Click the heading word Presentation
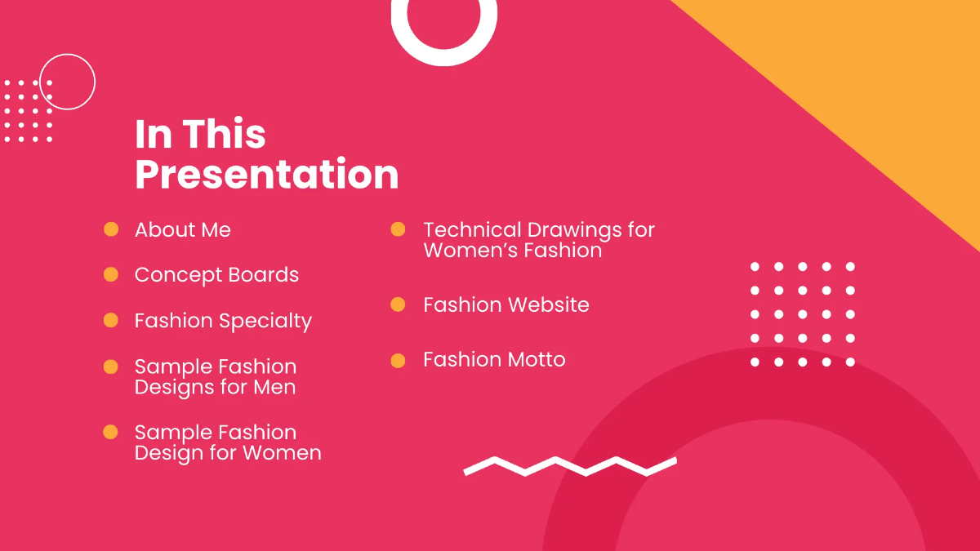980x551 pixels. point(266,175)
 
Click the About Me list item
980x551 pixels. point(183,230)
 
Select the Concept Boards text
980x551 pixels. point(216,275)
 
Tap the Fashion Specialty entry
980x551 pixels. point(223,321)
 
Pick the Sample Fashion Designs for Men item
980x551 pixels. point(216,376)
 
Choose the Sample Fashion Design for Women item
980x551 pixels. point(228,442)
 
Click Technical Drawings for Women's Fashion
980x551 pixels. point(539,240)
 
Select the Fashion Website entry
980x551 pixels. point(506,304)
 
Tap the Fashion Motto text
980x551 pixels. point(494,359)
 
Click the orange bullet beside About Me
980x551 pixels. point(111,229)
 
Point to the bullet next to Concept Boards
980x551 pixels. point(111,274)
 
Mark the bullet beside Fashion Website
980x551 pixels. point(398,304)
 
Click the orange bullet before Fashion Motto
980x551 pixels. point(398,360)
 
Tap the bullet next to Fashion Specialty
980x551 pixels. point(111,320)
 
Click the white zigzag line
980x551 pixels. point(570,466)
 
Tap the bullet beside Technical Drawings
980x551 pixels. point(398,229)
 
